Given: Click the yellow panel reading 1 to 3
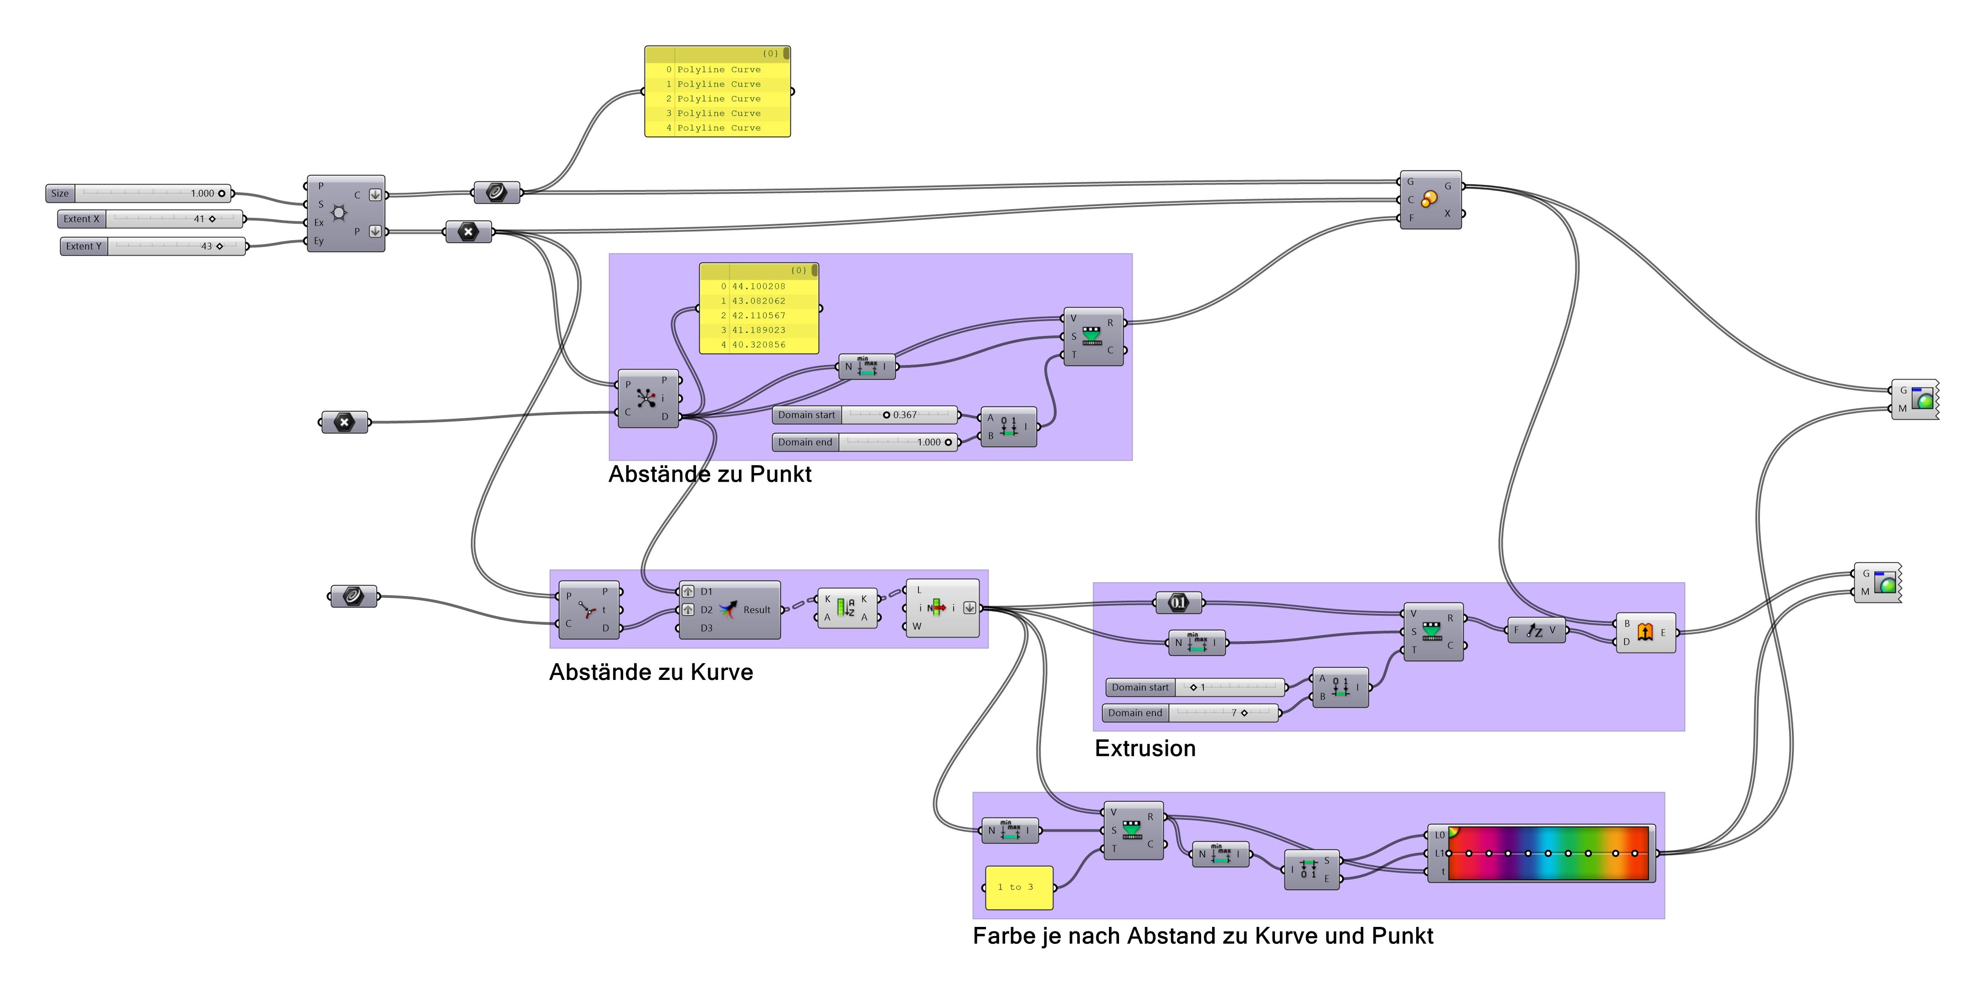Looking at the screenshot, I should click(1019, 887).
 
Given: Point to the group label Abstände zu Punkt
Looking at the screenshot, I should click(709, 474).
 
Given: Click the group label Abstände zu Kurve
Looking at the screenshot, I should click(650, 672).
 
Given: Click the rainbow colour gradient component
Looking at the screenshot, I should click(1547, 854).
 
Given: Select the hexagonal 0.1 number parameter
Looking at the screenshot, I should click(1178, 603).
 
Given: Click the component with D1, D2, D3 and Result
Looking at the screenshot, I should click(729, 610).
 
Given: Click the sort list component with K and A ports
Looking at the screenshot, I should click(846, 608).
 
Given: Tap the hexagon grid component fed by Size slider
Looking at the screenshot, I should click(346, 213).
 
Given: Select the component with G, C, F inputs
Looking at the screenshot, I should click(1429, 200).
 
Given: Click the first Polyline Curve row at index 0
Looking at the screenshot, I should click(718, 69).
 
